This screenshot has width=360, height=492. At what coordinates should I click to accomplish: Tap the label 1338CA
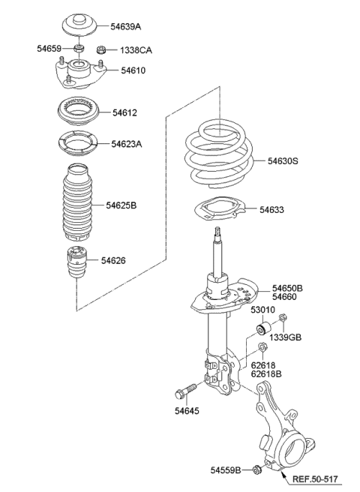click(135, 50)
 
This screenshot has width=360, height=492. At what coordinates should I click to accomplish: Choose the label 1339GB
click(286, 338)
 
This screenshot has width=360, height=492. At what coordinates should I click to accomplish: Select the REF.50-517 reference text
click(322, 476)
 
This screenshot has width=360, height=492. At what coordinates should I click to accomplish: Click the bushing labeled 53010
click(263, 328)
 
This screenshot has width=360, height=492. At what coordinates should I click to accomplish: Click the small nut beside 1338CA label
click(100, 50)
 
